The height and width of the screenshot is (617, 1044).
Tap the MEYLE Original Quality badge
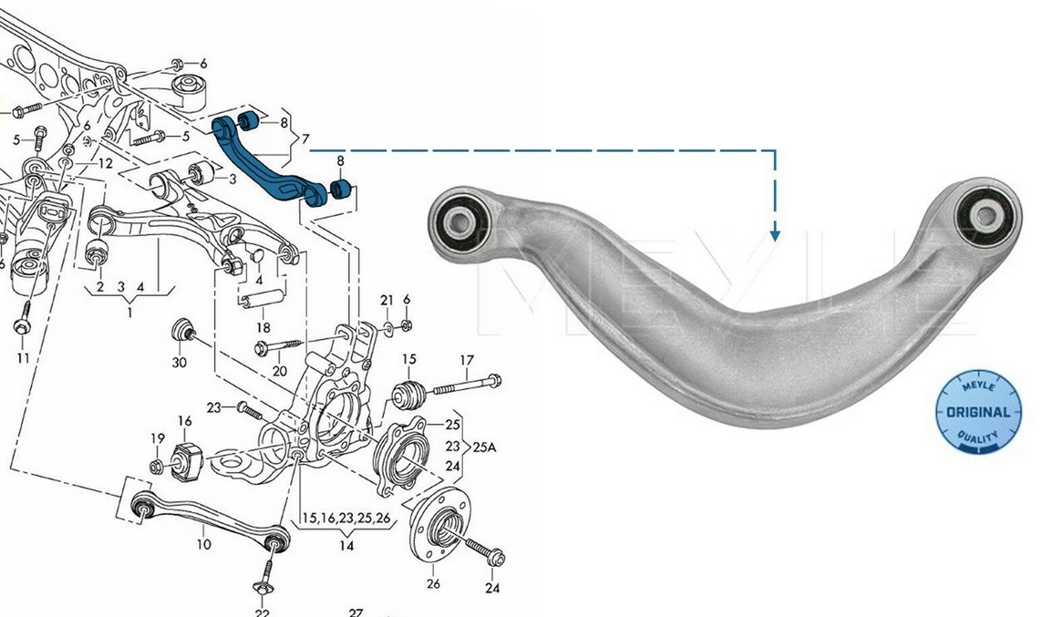pyautogui.click(x=978, y=411)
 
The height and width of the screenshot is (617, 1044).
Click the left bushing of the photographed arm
pyautogui.click(x=459, y=218)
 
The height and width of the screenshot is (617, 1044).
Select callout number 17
pyautogui.click(x=466, y=359)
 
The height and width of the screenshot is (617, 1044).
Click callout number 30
pyautogui.click(x=180, y=362)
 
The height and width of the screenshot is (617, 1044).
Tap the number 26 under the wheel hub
pyautogui.click(x=432, y=585)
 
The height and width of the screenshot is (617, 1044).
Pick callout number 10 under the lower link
pyautogui.click(x=203, y=544)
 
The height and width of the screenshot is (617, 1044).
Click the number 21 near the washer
pyautogui.click(x=387, y=301)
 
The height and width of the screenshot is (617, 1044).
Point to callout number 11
pyautogui.click(x=22, y=358)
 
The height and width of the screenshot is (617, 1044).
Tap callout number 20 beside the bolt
pyautogui.click(x=279, y=371)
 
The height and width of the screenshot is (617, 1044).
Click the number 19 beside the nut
pyautogui.click(x=157, y=439)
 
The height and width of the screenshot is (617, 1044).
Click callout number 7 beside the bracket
pyautogui.click(x=305, y=139)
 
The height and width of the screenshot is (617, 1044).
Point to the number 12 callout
pyautogui.click(x=106, y=164)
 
